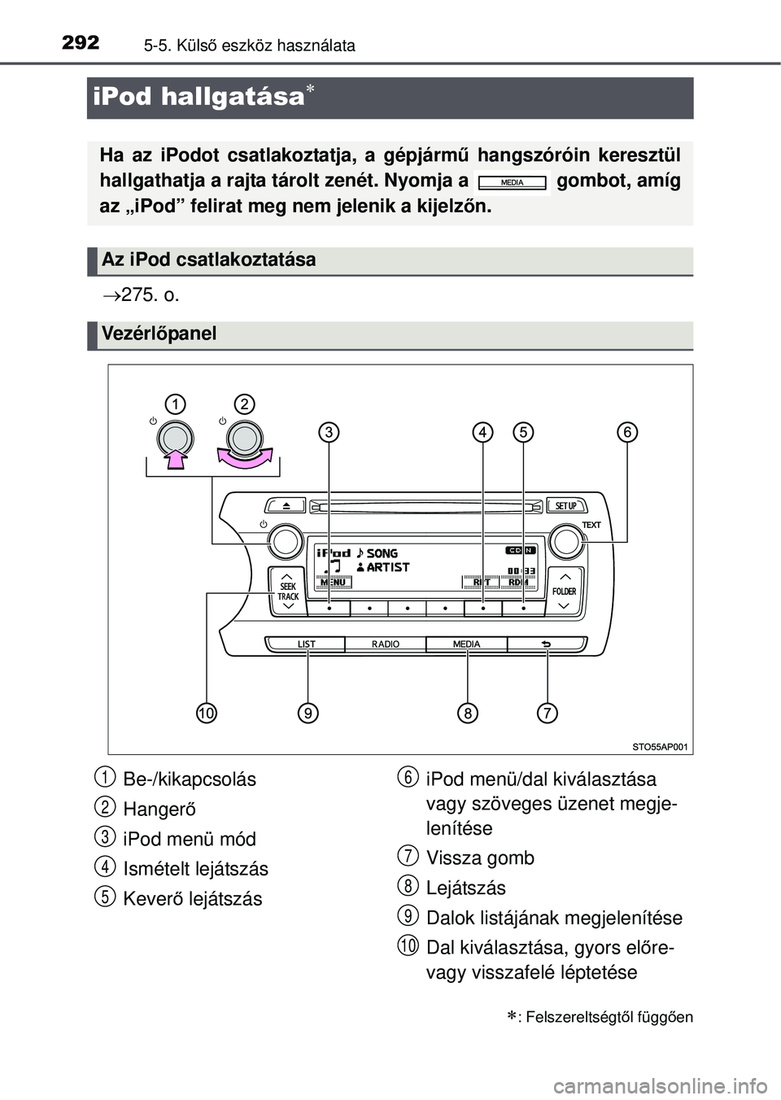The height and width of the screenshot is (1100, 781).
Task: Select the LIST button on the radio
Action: pos(306,644)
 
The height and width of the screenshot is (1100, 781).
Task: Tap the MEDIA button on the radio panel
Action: pos(466,644)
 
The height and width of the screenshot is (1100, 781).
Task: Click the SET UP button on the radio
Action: pos(565,505)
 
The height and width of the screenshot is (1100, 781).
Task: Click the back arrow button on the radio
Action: pos(545,644)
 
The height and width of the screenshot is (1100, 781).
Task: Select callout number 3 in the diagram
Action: pos(329,432)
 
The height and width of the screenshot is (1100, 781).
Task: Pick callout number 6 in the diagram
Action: pos(627,432)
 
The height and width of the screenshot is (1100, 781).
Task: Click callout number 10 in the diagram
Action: pos(207,714)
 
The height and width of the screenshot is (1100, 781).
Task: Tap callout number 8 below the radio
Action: pos(467,714)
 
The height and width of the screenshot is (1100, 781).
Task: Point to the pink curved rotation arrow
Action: pos(244,461)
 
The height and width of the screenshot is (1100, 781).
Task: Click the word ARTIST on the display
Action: pos(387,567)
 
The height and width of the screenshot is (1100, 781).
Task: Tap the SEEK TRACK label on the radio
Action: pos(288,591)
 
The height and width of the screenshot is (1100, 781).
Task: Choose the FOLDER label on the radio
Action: pos(564,591)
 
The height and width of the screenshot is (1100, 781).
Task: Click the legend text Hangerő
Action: pos(159,810)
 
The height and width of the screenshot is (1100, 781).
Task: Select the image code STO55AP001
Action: pos(660,745)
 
